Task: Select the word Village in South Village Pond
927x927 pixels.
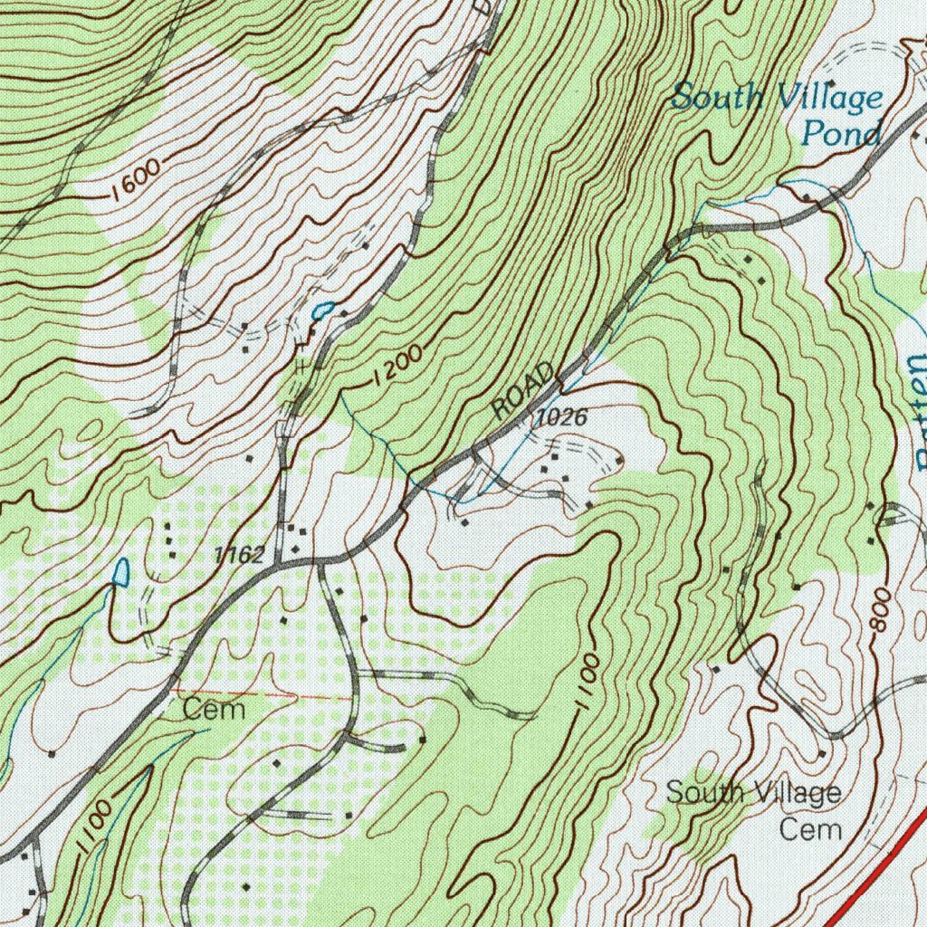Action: point(830,98)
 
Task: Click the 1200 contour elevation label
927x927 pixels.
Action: point(396,368)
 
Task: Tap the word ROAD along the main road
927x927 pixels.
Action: point(524,391)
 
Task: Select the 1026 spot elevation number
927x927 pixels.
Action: point(561,418)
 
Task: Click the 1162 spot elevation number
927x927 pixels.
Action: point(239,555)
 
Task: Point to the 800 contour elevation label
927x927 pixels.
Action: point(881,613)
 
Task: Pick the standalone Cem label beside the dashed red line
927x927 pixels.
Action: point(214,709)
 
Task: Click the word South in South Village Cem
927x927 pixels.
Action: point(701,793)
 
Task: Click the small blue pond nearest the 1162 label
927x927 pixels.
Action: point(121,572)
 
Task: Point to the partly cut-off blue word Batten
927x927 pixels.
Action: point(914,412)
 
